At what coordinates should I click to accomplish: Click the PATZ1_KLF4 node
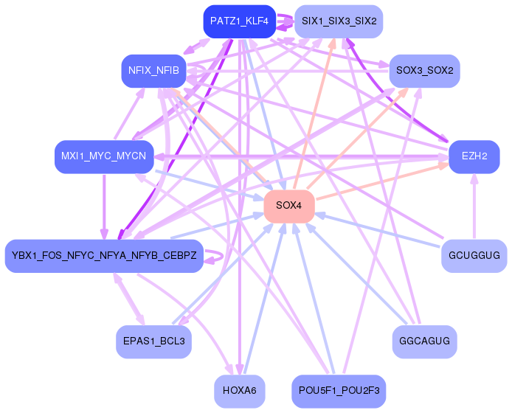pyautogui.click(x=240, y=21)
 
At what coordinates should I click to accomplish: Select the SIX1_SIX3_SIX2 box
pyautogui.click(x=339, y=21)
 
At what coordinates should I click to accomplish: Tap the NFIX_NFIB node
pyautogui.click(x=153, y=71)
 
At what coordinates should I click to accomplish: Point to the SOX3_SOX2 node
pyautogui.click(x=424, y=71)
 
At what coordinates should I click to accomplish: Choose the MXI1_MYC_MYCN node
pyautogui.click(x=104, y=156)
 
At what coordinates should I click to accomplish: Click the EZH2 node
pyautogui.click(x=474, y=156)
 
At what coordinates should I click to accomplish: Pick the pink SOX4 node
pyautogui.click(x=289, y=206)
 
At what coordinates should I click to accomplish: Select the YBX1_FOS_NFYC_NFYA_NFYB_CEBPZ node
pyautogui.click(x=104, y=256)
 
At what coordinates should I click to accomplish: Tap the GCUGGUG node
pyautogui.click(x=474, y=256)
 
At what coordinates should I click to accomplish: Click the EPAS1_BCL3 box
pyautogui.click(x=153, y=341)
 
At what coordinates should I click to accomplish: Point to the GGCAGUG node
pyautogui.click(x=424, y=341)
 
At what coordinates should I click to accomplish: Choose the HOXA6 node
pyautogui.click(x=240, y=391)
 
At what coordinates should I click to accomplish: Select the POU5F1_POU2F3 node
pyautogui.click(x=339, y=391)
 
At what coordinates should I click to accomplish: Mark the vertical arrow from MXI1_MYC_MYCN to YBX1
pyautogui.click(x=104, y=206)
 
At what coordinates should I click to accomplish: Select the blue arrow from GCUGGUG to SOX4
pyautogui.click(x=378, y=230)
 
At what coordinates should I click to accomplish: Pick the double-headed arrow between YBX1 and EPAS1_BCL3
pyautogui.click(x=128, y=299)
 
